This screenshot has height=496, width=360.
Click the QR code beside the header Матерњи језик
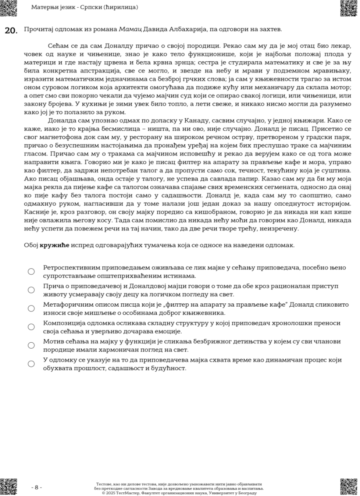tap(9, 8)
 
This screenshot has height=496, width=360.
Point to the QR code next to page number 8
tap(9, 487)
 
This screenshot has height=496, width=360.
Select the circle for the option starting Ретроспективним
tap(31, 272)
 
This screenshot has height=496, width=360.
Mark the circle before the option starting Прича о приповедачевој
tap(31, 290)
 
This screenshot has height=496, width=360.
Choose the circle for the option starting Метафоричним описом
tap(31, 309)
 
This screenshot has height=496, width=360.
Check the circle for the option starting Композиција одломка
tap(31, 327)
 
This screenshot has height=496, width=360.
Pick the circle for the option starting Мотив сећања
tap(31, 345)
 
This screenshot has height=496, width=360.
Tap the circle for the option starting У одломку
tap(31, 364)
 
